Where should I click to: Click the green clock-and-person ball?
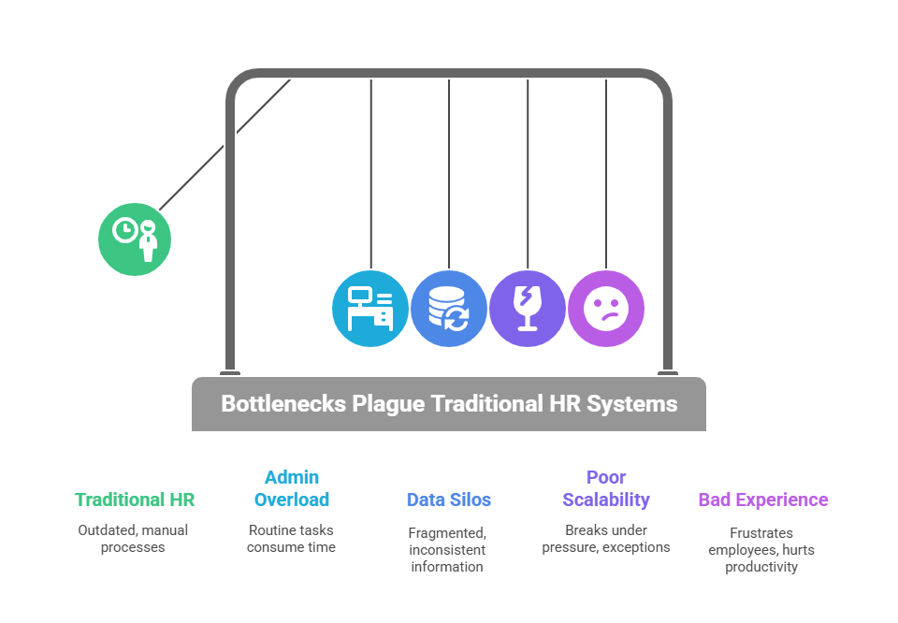(x=135, y=239)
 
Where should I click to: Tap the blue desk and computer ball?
(x=370, y=309)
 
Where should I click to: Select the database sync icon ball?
(x=449, y=309)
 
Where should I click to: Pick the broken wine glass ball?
(x=528, y=309)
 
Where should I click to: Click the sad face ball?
(x=606, y=309)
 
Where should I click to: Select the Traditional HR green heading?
(x=135, y=500)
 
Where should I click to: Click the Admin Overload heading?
(x=292, y=488)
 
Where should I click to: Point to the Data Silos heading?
(x=449, y=500)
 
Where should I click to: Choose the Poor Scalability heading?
(x=606, y=488)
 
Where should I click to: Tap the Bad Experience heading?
(x=763, y=500)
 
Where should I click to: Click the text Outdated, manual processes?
(x=133, y=538)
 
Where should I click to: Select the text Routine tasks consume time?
(x=291, y=538)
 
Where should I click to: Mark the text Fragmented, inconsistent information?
(x=448, y=549)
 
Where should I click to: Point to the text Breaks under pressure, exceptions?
(x=606, y=538)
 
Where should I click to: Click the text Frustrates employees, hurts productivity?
(x=762, y=549)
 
